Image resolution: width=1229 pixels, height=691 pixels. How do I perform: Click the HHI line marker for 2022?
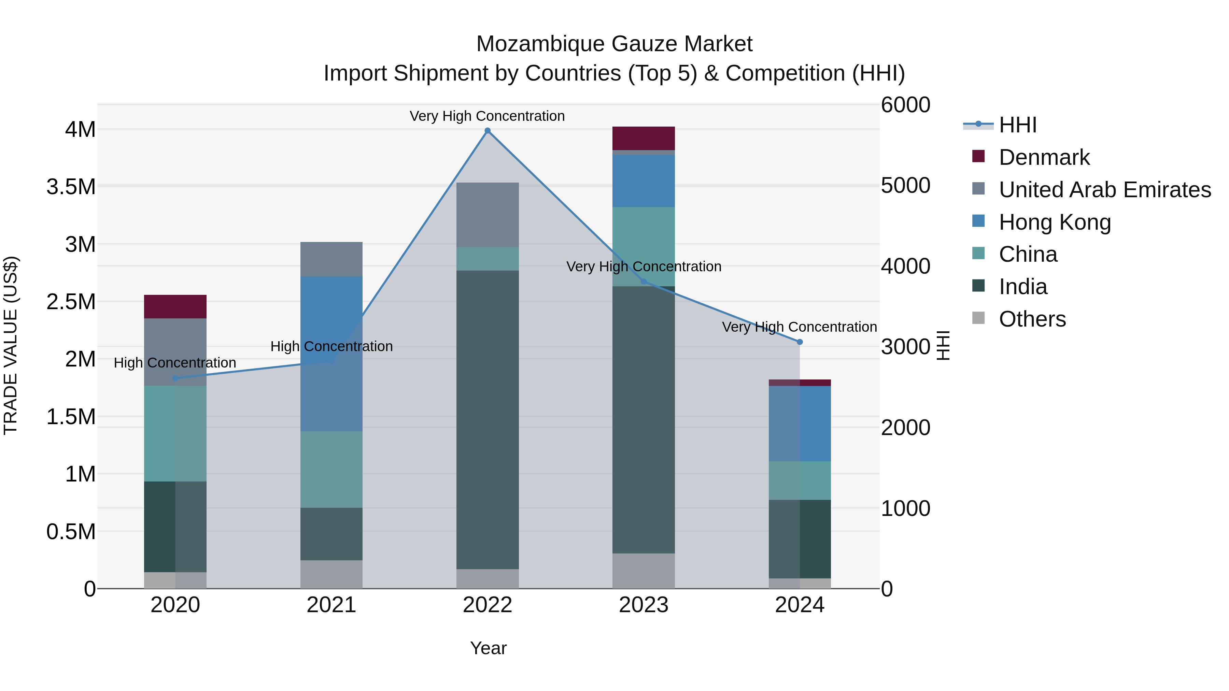[x=487, y=131]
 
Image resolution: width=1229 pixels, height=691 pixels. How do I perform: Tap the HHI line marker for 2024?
[x=800, y=342]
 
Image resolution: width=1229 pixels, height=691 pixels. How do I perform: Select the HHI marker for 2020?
[x=175, y=378]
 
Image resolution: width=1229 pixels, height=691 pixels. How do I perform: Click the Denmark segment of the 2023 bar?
[x=643, y=138]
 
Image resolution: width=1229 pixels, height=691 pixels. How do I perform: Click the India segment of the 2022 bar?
[x=487, y=420]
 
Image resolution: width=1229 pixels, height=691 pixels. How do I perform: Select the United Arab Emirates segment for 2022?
[x=487, y=215]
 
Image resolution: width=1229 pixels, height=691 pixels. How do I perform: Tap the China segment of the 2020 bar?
[x=175, y=433]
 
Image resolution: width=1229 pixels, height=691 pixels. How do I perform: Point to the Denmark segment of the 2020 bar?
[x=175, y=306]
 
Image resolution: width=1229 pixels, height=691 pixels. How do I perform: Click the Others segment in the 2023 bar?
[x=643, y=571]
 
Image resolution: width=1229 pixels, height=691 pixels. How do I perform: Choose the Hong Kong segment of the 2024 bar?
[x=800, y=423]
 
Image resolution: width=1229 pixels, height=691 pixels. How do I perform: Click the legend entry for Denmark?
[x=1044, y=157]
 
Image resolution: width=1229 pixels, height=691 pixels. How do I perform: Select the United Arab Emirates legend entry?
[x=1104, y=190]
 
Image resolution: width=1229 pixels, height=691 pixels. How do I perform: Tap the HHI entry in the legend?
[x=1017, y=125]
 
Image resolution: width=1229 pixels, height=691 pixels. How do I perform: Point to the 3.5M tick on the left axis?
[x=71, y=186]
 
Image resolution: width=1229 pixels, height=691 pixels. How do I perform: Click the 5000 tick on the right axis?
[x=905, y=186]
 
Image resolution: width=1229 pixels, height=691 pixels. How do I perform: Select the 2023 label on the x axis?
[x=643, y=605]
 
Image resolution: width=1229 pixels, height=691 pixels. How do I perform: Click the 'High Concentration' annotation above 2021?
[x=331, y=346]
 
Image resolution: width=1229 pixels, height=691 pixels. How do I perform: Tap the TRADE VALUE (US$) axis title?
[x=11, y=345]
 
